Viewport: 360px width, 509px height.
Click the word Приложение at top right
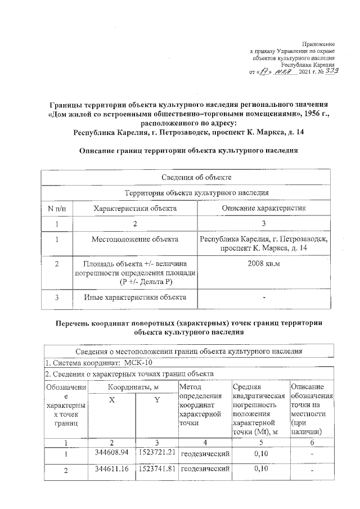(318, 44)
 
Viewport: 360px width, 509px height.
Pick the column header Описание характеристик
(264, 208)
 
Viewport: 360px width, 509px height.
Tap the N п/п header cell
(56, 208)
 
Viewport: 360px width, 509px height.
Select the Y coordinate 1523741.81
(157, 468)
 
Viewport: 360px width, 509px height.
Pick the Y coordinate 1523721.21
(157, 452)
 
